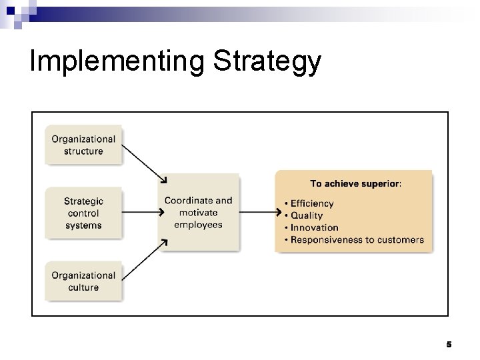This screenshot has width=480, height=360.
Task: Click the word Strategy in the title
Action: tap(267, 61)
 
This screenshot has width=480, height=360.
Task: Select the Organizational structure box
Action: tap(83, 145)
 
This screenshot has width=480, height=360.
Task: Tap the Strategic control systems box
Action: tap(83, 213)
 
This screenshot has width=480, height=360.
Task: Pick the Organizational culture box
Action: tap(83, 281)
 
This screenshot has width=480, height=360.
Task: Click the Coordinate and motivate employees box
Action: tap(198, 212)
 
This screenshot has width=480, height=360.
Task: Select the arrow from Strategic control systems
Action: tap(142, 213)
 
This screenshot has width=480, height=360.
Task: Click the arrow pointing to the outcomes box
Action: tap(259, 213)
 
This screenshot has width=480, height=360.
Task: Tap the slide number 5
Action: tap(449, 345)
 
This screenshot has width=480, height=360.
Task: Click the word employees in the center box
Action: tap(198, 225)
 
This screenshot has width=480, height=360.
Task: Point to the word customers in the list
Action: tap(399, 239)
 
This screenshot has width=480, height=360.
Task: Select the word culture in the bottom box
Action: tap(83, 287)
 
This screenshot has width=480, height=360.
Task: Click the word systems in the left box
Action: tap(83, 225)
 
